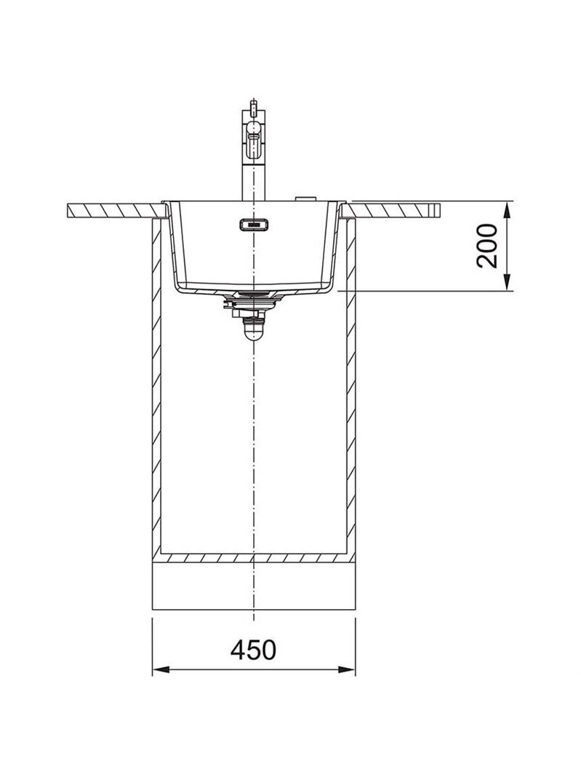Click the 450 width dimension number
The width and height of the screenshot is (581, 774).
pos(253,650)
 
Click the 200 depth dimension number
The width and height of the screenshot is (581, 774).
pos(488,246)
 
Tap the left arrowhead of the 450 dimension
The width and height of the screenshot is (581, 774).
pos(159,670)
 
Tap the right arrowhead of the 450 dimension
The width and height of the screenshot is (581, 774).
pos(348,670)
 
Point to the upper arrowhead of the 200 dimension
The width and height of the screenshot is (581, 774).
pos(506,209)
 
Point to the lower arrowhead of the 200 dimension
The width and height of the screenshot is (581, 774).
pos(506,283)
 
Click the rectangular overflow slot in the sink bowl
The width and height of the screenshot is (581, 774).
pos(253,225)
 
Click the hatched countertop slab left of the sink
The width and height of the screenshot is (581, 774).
pos(116,210)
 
